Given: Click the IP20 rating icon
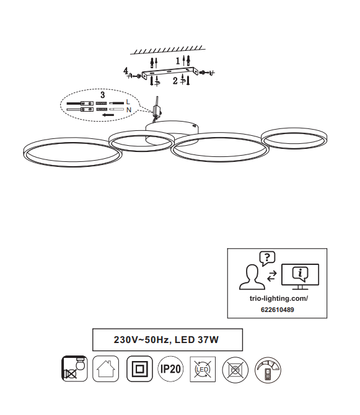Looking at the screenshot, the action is pos(170,369).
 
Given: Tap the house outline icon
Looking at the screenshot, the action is pos(106,368).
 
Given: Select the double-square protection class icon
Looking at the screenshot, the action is pos(139,368).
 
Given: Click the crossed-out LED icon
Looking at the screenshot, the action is pos(203,369).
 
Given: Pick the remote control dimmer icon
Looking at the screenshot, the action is pos(268,370).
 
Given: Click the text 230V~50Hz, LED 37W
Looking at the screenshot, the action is pos(166,339).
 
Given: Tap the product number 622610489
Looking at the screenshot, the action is pos(277,310).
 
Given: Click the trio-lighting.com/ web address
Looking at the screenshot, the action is pos(279,298).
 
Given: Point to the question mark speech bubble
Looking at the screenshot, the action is pos(267,258).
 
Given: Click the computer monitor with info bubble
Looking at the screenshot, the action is pos(300,277).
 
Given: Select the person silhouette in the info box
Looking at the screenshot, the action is pos(252,277).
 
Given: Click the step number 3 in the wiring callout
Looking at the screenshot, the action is pos(103,95).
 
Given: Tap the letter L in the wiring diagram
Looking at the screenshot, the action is pos(128,102).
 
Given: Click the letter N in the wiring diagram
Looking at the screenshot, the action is pos(129,110).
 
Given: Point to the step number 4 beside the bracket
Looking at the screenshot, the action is pos(126,71).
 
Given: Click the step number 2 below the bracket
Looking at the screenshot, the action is pos(175,81).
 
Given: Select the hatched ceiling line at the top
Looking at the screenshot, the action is pos(168,50).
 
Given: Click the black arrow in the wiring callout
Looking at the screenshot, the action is pos(108,115).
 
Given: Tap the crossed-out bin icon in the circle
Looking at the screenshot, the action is pos(235,370).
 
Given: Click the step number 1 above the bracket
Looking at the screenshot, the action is pos(178,61).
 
